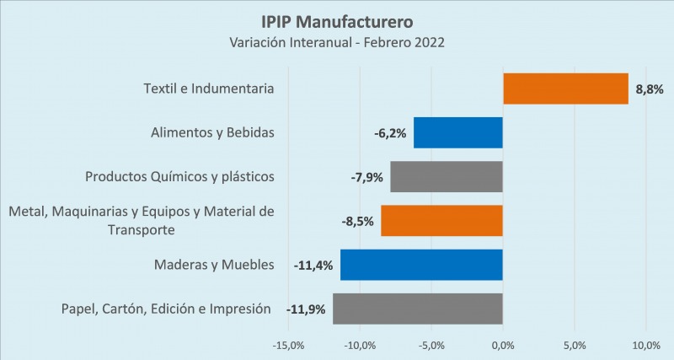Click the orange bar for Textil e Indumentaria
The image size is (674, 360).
click(x=565, y=89)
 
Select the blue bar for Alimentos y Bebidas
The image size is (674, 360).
click(x=458, y=132)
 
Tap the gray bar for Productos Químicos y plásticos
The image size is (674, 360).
click(x=447, y=176)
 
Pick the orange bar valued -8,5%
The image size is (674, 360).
click(x=441, y=221)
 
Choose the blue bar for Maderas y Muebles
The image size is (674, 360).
click(x=421, y=265)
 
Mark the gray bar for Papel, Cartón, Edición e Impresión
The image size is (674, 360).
click(x=418, y=309)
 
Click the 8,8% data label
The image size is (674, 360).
click(x=649, y=89)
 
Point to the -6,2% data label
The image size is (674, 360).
click(x=391, y=133)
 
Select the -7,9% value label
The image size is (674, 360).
click(x=367, y=177)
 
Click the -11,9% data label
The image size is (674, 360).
click(x=307, y=309)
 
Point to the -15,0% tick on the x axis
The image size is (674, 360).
click(x=288, y=346)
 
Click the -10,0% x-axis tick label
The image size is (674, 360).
click(x=360, y=346)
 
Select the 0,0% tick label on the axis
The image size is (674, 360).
click(x=503, y=346)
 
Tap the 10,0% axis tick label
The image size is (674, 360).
click(x=646, y=346)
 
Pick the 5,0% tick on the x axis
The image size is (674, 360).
click(x=575, y=346)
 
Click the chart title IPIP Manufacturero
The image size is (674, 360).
click(x=336, y=19)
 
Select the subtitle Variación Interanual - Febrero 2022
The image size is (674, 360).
click(x=336, y=41)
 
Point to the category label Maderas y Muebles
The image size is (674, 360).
click(x=214, y=265)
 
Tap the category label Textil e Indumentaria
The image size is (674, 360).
click(x=210, y=89)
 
